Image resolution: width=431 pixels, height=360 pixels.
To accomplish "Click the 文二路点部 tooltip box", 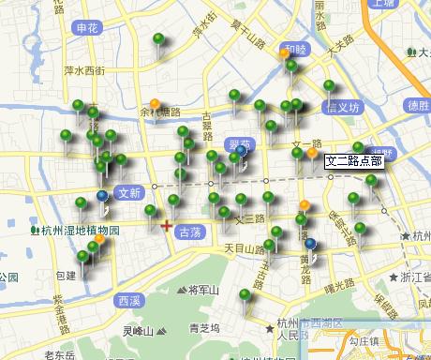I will click(352, 161).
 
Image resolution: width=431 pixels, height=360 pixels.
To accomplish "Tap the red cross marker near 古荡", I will click(166, 225).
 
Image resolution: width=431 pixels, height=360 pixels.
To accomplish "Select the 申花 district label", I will click(88, 28).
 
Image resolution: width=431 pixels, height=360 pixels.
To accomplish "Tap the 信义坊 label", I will click(342, 107).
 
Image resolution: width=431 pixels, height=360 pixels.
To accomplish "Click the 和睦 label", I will click(296, 49).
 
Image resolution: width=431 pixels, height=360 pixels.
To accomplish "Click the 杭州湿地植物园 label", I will click(80, 230).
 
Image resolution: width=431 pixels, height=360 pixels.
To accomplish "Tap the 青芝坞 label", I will click(204, 328).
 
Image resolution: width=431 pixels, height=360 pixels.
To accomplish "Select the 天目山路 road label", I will click(244, 249).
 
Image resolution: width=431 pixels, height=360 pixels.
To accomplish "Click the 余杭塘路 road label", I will click(160, 112).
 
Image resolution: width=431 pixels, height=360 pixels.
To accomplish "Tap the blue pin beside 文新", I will click(101, 196).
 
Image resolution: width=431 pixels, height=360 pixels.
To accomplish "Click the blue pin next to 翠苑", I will click(242, 151).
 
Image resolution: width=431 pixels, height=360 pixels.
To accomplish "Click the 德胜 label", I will click(406, 105).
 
